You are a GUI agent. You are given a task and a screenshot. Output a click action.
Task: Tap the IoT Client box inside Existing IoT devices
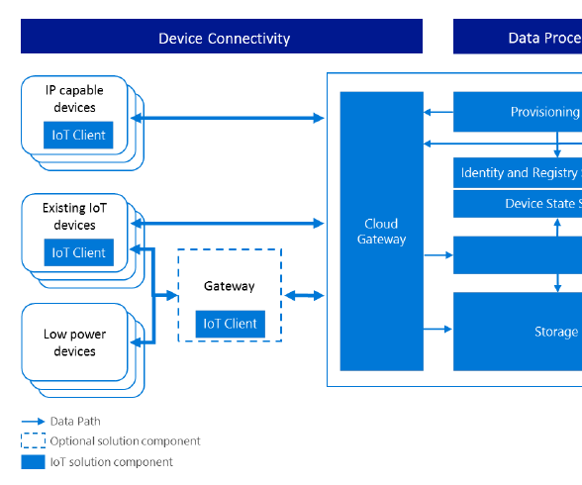77,252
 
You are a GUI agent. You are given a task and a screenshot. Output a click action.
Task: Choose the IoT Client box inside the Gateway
230,324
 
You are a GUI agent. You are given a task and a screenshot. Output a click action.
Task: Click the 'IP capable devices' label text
74,99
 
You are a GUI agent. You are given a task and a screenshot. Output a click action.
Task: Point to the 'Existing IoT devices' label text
74,217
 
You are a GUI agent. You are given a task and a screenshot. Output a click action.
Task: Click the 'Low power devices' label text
74,342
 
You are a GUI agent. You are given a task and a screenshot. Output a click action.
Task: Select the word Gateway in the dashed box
230,286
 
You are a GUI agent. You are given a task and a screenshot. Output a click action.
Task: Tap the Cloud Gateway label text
381,232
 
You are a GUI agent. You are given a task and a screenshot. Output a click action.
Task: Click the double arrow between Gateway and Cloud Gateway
304,295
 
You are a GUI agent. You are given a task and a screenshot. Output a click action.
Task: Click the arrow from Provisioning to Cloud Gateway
437,112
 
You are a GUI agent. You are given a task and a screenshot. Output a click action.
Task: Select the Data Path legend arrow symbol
33,421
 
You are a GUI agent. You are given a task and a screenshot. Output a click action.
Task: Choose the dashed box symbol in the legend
33,440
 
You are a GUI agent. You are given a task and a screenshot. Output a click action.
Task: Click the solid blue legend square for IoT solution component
33,461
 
